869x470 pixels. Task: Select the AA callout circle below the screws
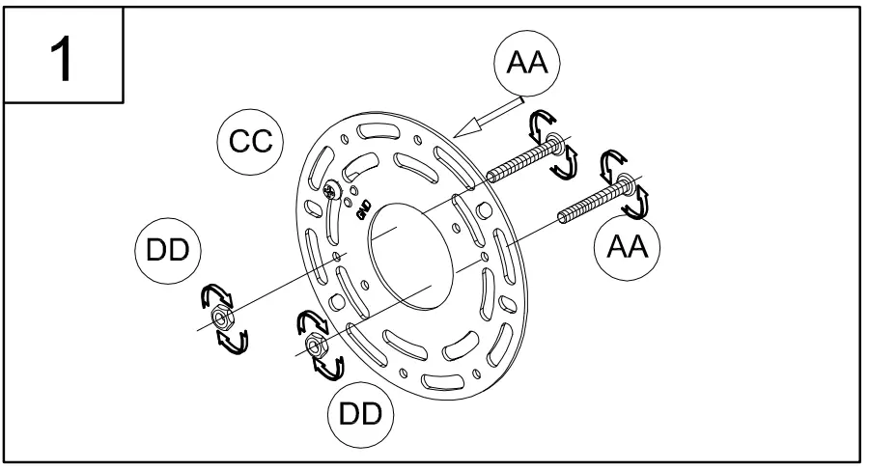tap(627, 249)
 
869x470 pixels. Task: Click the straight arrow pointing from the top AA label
tap(488, 114)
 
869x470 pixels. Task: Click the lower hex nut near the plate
tap(314, 344)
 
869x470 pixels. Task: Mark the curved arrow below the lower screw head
tap(638, 204)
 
